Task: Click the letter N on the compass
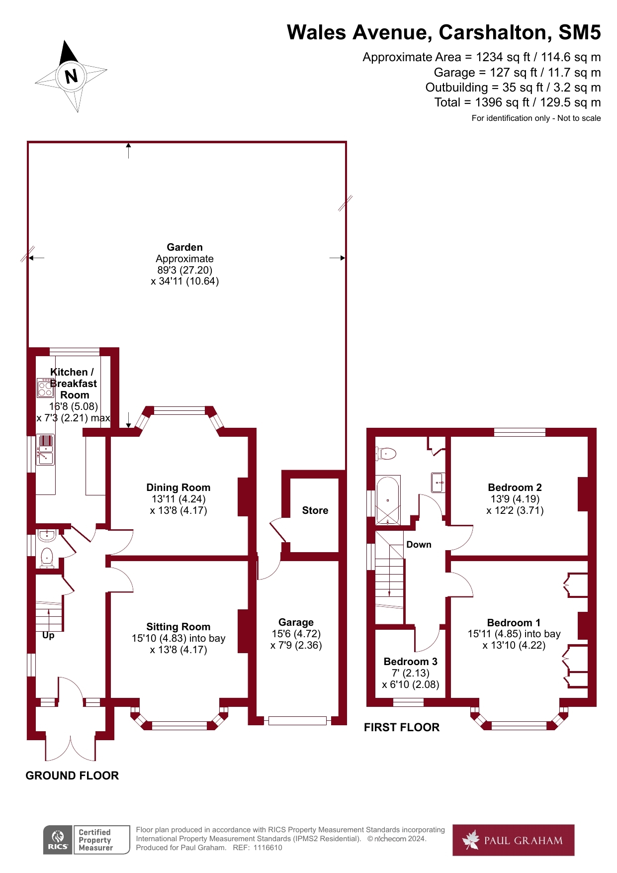(72, 76)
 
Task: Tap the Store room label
(315, 510)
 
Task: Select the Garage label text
(296, 622)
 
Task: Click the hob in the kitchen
(45, 388)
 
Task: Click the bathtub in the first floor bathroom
(388, 500)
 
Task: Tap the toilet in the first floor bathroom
(386, 453)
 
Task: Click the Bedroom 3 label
(410, 662)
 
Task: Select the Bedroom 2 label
(515, 487)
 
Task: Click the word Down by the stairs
(419, 545)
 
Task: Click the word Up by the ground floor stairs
(48, 635)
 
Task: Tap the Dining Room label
(178, 487)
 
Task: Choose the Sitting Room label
(178, 627)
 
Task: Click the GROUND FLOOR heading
(72, 776)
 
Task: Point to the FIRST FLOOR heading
(402, 727)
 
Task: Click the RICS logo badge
(58, 840)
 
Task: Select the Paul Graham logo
(513, 840)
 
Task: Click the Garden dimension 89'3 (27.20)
(184, 270)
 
